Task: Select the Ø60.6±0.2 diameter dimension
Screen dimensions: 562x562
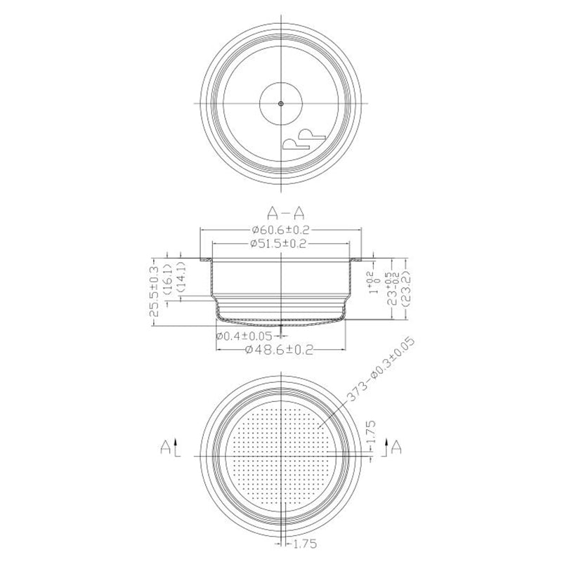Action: [281, 229]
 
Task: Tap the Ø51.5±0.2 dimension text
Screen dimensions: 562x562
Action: [281, 243]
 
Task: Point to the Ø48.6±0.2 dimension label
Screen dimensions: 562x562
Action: [281, 349]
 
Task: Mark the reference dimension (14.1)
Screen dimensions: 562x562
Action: [181, 275]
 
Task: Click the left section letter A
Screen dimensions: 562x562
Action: [164, 445]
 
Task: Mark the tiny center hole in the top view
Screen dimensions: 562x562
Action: [280, 103]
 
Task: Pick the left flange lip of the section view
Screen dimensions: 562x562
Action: [206, 261]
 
